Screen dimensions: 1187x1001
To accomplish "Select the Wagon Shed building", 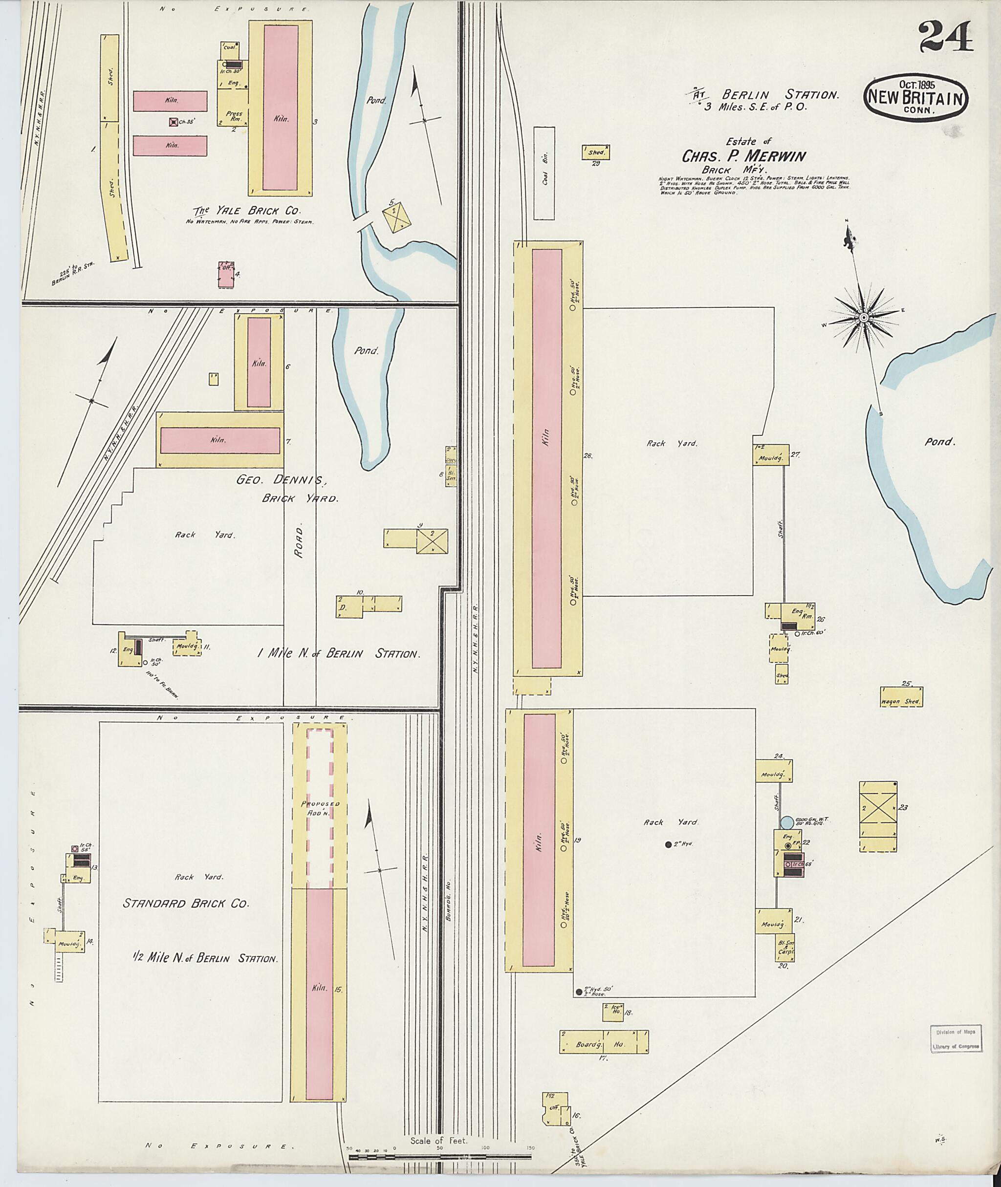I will pos(901,697).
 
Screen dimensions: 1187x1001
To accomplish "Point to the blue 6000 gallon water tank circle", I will pos(786,822).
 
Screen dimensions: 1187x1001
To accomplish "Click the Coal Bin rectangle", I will pos(544,173).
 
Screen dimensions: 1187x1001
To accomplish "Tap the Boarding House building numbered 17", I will pos(604,1041).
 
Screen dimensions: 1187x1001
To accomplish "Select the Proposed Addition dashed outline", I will pos(320,807).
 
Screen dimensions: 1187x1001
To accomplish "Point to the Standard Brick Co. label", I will pos(186,903).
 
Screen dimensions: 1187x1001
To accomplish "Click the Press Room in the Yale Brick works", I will pos(234,116).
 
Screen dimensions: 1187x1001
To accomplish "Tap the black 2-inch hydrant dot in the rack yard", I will pos(668,844).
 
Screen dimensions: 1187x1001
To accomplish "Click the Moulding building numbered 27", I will pos(771,455).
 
